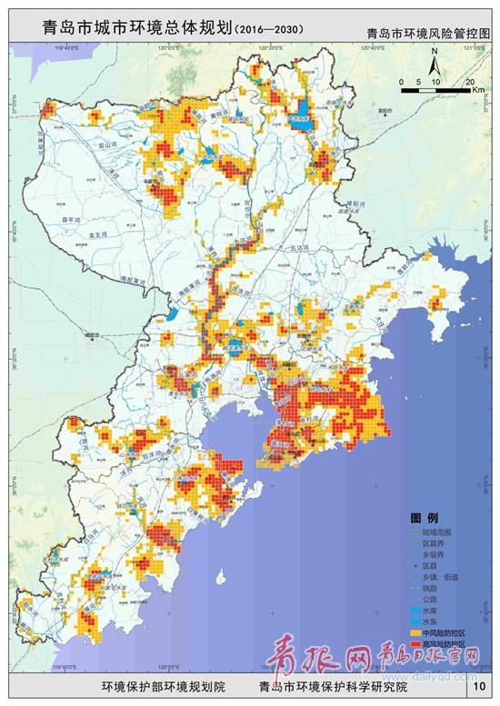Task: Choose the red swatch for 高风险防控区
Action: point(415,643)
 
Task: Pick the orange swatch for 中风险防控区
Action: point(415,632)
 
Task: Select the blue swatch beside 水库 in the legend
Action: point(415,611)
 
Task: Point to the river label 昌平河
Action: point(70,220)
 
